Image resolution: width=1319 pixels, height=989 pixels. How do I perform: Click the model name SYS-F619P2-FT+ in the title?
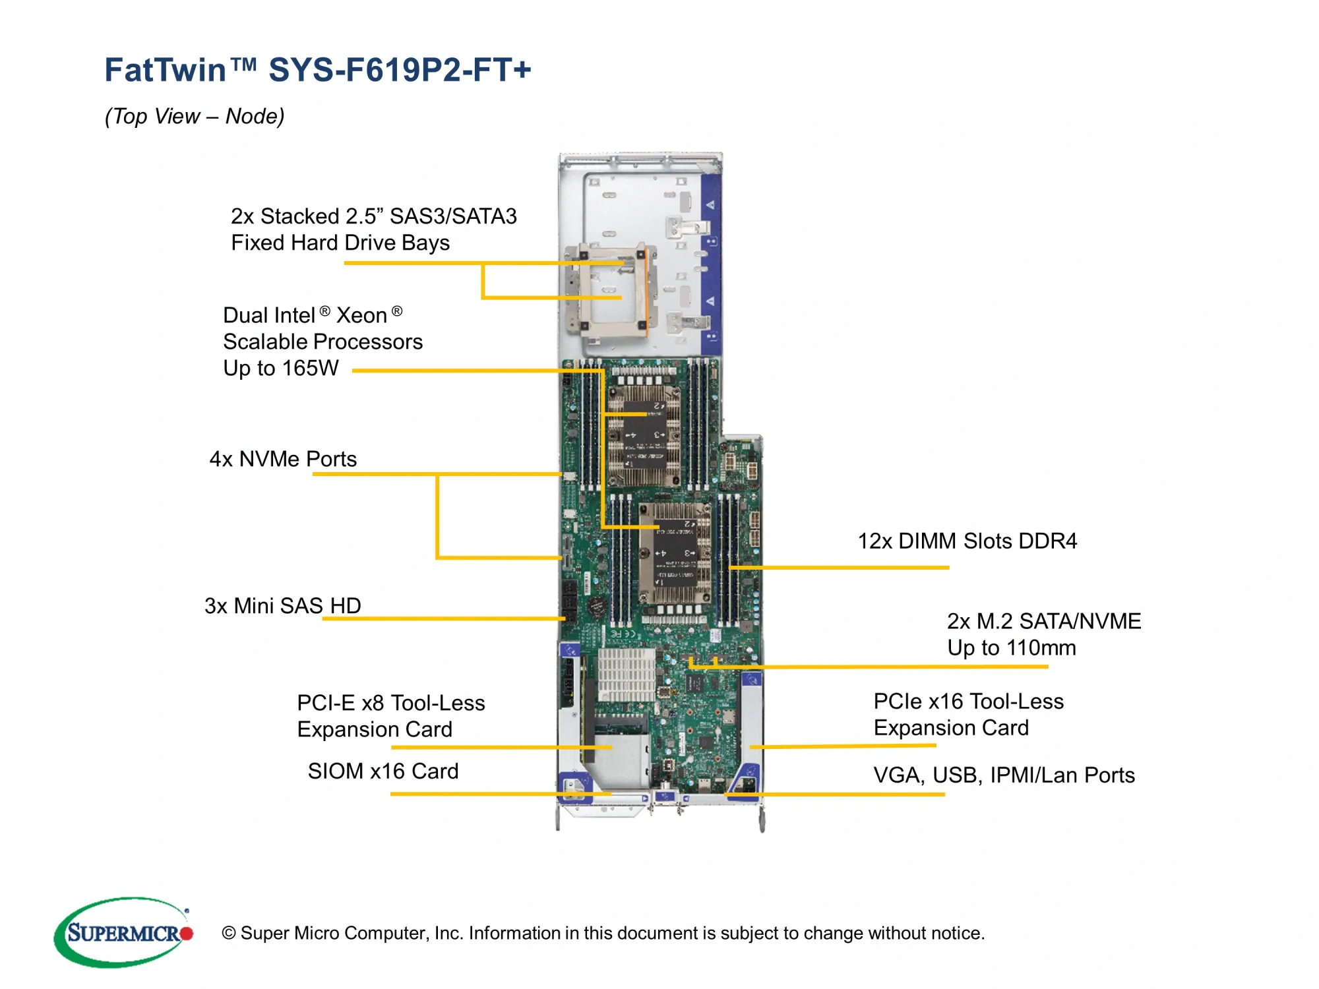click(400, 70)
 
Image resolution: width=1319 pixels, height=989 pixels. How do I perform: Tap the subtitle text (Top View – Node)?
click(195, 116)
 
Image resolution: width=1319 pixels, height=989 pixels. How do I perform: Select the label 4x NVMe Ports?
click(283, 459)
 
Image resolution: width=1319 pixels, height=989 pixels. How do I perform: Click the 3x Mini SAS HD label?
click(283, 605)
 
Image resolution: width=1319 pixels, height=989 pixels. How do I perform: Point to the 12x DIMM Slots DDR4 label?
click(967, 541)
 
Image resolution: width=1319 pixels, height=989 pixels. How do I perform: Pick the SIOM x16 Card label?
click(383, 771)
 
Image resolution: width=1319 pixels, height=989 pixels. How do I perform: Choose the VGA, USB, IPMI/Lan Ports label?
click(1004, 775)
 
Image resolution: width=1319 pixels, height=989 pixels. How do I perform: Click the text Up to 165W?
click(281, 368)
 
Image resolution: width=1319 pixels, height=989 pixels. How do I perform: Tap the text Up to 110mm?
click(1011, 647)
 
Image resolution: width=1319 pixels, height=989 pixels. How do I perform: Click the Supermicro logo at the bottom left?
click(123, 932)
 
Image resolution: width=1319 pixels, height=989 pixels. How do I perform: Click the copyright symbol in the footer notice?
click(229, 933)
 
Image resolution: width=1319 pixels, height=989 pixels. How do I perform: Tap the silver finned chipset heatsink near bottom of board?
click(626, 674)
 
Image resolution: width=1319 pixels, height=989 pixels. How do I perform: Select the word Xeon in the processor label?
click(361, 315)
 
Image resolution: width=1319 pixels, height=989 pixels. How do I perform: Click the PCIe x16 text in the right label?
click(919, 702)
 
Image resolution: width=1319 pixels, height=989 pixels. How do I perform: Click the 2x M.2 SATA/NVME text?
click(1043, 621)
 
